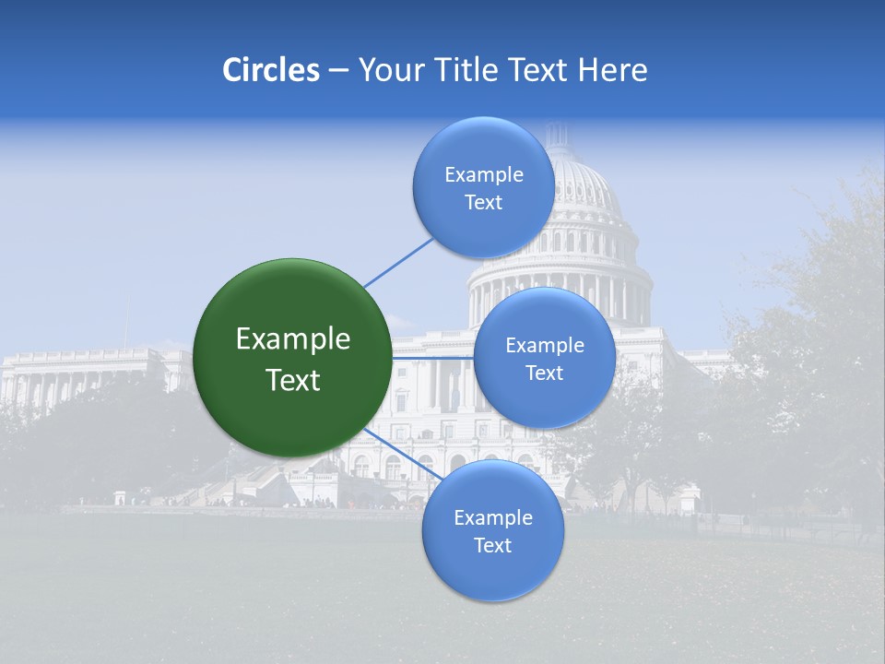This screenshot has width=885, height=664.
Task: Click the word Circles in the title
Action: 271,70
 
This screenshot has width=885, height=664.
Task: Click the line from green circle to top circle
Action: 398,262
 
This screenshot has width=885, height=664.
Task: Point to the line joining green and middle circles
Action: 432,358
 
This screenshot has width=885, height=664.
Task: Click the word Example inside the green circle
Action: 293,339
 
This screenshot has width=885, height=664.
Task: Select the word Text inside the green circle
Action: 293,380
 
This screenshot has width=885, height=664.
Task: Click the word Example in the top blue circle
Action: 483,175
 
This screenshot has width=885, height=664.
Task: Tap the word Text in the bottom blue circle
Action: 492,546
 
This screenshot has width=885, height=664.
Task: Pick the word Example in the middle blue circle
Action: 544,346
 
